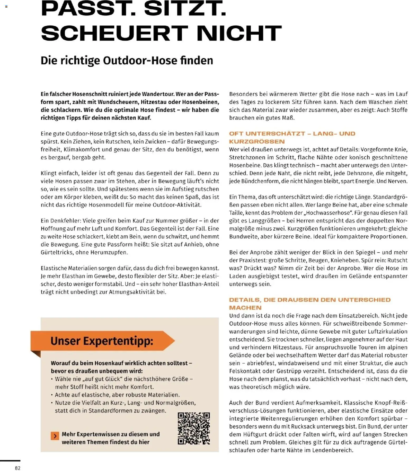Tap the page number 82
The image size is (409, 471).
[18, 468]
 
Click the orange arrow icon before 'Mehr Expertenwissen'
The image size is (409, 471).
[55, 436]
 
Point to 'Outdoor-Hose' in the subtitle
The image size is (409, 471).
[140, 60]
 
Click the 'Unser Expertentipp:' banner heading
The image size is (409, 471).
[102, 341]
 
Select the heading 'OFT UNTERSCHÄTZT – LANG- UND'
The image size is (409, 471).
[292, 134]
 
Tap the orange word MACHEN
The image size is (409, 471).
[245, 308]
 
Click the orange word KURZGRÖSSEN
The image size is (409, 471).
[257, 142]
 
